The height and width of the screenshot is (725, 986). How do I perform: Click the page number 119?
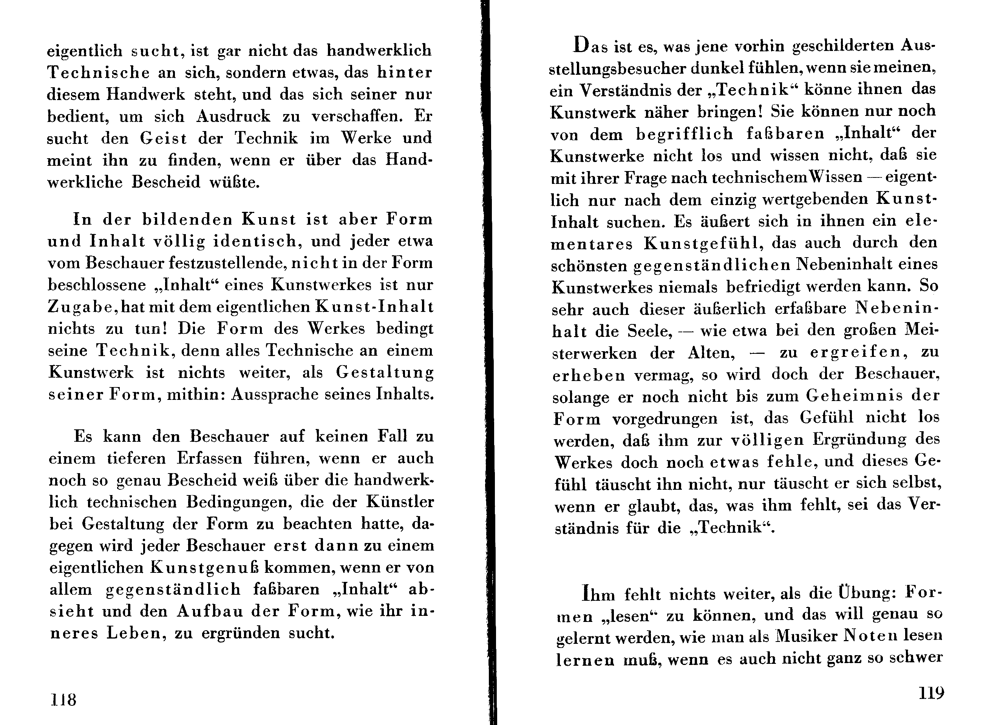(931, 693)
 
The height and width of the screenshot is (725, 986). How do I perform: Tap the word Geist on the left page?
(163, 138)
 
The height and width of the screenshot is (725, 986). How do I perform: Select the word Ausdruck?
(233, 116)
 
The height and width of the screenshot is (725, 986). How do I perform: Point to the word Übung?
(867, 593)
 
